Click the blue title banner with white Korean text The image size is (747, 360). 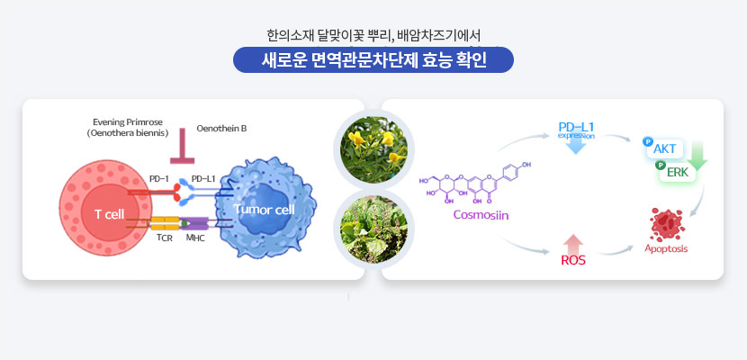373,60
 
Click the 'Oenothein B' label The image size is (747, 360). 221,128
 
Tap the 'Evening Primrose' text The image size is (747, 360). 127,122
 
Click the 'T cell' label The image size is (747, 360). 109,215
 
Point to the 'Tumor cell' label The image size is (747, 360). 265,210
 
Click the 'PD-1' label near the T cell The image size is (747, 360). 159,179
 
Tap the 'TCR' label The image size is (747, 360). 165,238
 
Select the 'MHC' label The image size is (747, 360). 195,238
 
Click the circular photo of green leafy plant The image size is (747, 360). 373,229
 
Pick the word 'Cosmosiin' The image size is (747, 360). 481,215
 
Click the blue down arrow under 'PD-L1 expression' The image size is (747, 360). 576,146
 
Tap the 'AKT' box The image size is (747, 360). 664,148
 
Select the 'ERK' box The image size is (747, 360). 678,173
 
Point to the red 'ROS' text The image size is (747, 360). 573,260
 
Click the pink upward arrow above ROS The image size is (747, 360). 573,244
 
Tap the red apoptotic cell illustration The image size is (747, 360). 667,224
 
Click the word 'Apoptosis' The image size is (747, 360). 666,248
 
